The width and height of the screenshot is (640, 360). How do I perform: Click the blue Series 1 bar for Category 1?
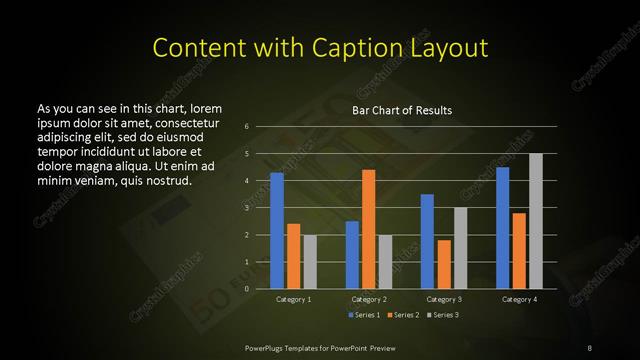click(277, 231)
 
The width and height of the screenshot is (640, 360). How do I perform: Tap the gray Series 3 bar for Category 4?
click(536, 221)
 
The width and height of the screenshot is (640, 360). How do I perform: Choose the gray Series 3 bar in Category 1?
click(310, 262)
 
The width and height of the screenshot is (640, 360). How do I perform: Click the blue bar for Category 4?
click(502, 228)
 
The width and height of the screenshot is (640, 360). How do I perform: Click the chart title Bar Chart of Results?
click(402, 110)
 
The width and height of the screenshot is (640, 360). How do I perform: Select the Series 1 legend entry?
click(364, 316)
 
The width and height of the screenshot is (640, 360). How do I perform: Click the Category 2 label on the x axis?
click(369, 299)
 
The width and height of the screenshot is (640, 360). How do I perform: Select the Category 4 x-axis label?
click(519, 299)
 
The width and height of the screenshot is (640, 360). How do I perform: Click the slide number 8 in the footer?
click(591, 347)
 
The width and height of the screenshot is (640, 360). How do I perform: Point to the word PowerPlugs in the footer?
click(266, 347)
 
